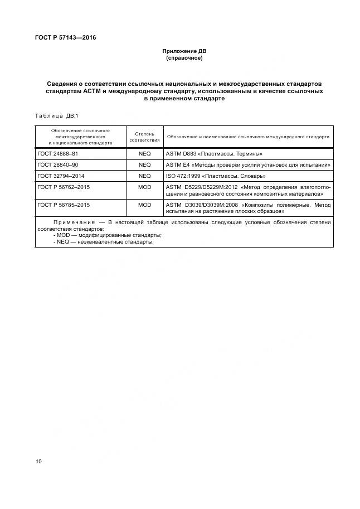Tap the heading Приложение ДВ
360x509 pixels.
pyautogui.click(x=184, y=51)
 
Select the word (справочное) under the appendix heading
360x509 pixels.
pyautogui.click(x=184, y=58)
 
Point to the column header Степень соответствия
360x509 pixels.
pyautogui.click(x=144, y=137)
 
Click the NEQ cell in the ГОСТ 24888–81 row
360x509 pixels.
pyautogui.click(x=144, y=153)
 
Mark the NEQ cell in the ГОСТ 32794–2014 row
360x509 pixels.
pyautogui.click(x=144, y=176)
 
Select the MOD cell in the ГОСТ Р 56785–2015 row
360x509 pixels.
pyautogui.click(x=144, y=205)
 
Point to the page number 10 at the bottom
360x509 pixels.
pyautogui.click(x=38, y=461)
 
